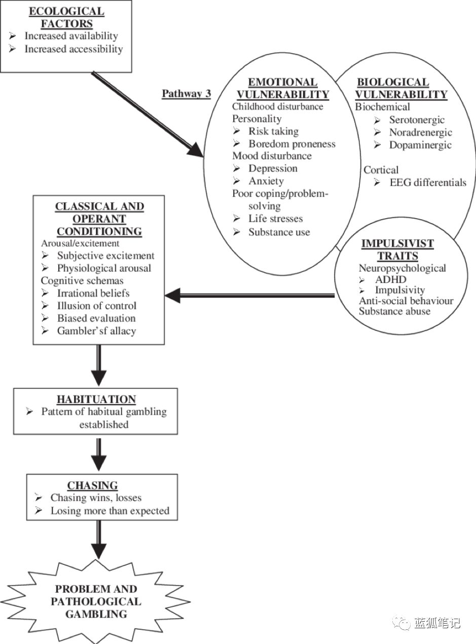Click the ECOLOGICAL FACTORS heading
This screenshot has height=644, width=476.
pyautogui.click(x=66, y=17)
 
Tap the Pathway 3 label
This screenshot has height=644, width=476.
pyautogui.click(x=186, y=93)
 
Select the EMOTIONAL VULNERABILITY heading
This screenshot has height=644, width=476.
pyautogui.click(x=282, y=88)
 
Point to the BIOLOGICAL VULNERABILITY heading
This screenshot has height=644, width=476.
pyautogui.click(x=401, y=88)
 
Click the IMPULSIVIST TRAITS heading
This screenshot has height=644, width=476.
pyautogui.click(x=397, y=249)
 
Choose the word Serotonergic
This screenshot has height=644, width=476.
pyautogui.click(x=417, y=120)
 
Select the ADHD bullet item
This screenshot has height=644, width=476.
pyautogui.click(x=390, y=279)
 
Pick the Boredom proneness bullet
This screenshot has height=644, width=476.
pyautogui.click(x=291, y=144)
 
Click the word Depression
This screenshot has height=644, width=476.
pyautogui.click(x=273, y=168)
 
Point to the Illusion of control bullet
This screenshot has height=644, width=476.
pyautogui.click(x=96, y=306)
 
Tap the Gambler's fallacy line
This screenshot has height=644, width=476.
pyautogui.click(x=96, y=331)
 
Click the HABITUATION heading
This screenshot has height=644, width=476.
pyautogui.click(x=96, y=399)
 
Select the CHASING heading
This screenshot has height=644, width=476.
pyautogui.click(x=93, y=485)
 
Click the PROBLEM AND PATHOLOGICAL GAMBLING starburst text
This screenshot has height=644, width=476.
pyautogui.click(x=96, y=601)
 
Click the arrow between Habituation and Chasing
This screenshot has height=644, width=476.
pyautogui.click(x=99, y=454)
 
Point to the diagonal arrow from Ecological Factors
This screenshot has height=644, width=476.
pyautogui.click(x=147, y=115)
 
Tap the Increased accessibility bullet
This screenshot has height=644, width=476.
pyautogui.click(x=74, y=49)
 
